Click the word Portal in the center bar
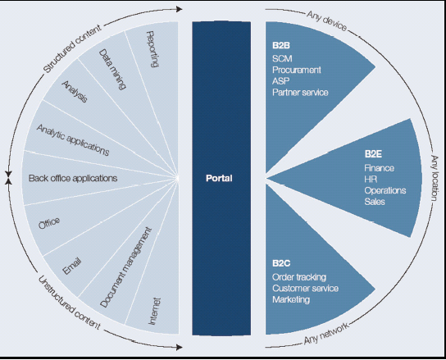pyautogui.click(x=219, y=178)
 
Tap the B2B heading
pyautogui.click(x=281, y=46)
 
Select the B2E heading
pyautogui.click(x=373, y=154)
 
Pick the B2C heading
pyautogui.click(x=281, y=263)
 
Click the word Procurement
pyautogui.click(x=297, y=70)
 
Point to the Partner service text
pyautogui.click(x=300, y=92)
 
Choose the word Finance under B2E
pyautogui.click(x=379, y=168)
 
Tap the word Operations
pyautogui.click(x=385, y=190)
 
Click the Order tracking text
pyautogui.click(x=299, y=277)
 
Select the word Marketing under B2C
pyautogui.click(x=291, y=299)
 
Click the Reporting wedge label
pyautogui.click(x=152, y=49)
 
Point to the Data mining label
pyautogui.click(x=112, y=69)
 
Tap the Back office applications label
pyautogui.click(x=73, y=179)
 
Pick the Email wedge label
pyautogui.click(x=72, y=266)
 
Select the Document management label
pyautogui.click(x=125, y=267)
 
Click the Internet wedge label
pyautogui.click(x=155, y=311)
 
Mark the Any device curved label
pyautogui.click(x=327, y=21)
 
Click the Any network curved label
pyautogui.click(x=326, y=334)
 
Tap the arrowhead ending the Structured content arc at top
pyautogui.click(x=179, y=9)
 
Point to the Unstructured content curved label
pyautogui.click(x=69, y=303)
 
